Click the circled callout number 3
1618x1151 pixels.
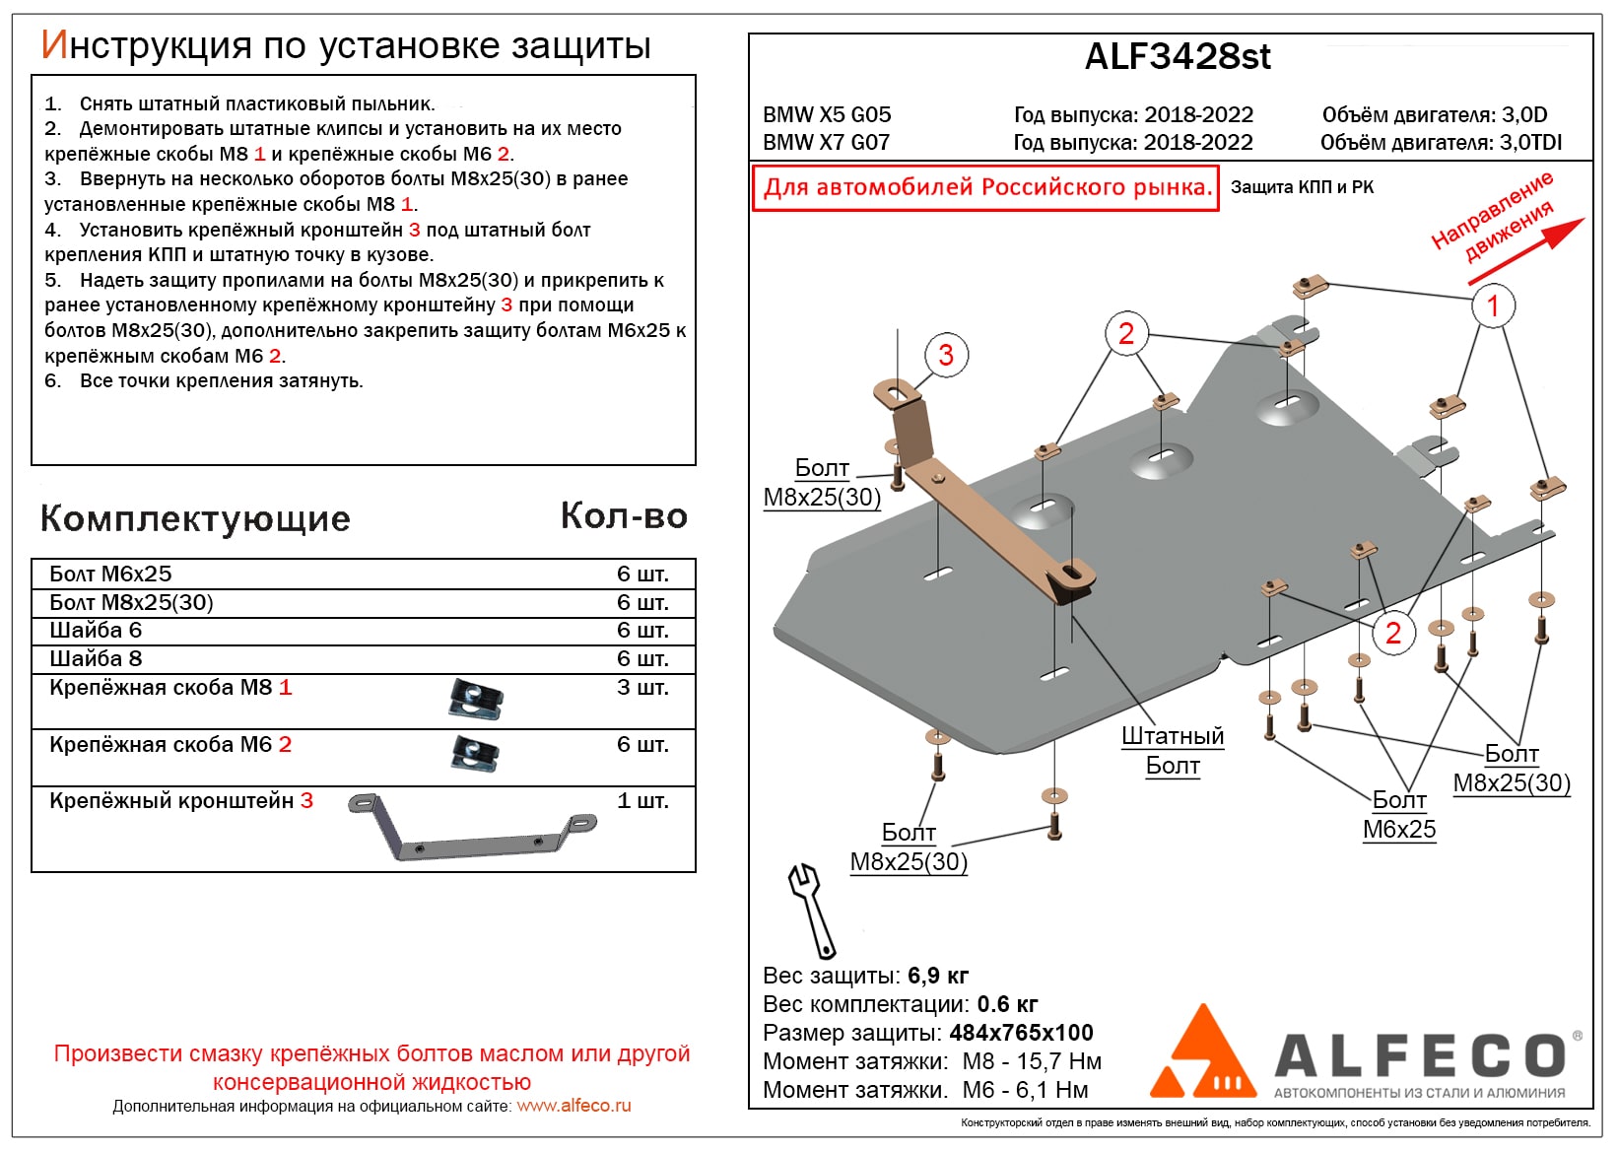pos(946,355)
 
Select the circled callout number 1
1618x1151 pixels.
pos(1492,305)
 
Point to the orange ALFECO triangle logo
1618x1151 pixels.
pos(1202,1054)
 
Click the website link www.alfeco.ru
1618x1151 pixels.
pos(573,1106)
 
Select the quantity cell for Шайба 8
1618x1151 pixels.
pos(642,658)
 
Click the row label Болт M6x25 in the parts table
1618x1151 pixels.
pos(110,574)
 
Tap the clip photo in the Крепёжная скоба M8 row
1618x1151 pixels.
pos(475,699)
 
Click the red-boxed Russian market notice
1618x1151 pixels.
pos(985,187)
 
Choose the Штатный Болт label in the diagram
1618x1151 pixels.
pos(1172,751)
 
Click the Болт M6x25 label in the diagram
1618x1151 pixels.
pos(1399,815)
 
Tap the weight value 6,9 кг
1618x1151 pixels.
pos(938,976)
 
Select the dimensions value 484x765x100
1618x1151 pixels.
pos(1021,1033)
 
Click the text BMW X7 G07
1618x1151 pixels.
pos(826,142)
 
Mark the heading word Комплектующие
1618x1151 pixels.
pos(195,519)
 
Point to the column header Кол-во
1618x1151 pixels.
pos(624,516)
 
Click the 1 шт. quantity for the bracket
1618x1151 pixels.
pos(642,801)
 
